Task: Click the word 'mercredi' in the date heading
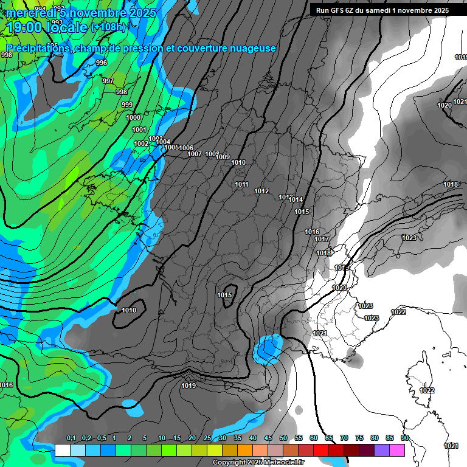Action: tap(31, 13)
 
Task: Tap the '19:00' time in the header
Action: tap(24, 27)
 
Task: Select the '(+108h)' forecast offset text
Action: tap(108, 27)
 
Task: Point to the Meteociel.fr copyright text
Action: tap(258, 462)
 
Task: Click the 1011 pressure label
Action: tap(241, 184)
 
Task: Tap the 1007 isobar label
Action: tap(194, 154)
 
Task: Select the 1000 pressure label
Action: tap(133, 117)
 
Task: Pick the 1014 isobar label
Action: tap(296, 199)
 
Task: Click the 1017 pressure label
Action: tap(322, 239)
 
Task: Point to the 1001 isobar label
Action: tap(139, 130)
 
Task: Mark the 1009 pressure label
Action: tap(223, 157)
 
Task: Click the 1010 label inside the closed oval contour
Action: tap(129, 310)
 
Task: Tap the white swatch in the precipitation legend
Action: tap(62, 450)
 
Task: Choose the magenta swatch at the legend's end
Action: tap(396, 450)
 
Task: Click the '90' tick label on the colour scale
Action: tap(404, 438)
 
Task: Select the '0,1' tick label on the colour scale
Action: tap(71, 438)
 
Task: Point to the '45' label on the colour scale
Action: tap(268, 438)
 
